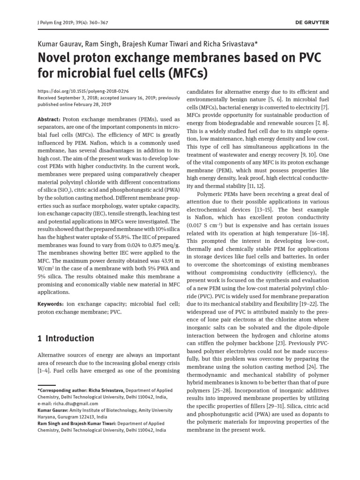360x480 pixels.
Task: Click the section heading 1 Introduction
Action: (66, 338)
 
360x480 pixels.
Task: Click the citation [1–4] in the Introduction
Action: (45, 371)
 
